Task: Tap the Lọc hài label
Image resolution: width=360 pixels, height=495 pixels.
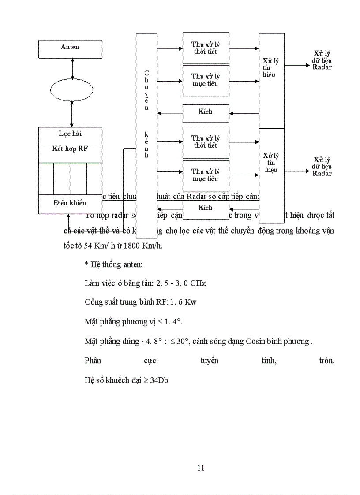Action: (x=70, y=134)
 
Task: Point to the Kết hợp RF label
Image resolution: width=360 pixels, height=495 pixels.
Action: (x=70, y=148)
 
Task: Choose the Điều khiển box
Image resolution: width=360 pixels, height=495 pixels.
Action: (x=70, y=203)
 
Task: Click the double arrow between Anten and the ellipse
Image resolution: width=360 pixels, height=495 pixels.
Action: (x=71, y=68)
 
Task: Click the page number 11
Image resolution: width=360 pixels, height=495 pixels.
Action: (x=201, y=468)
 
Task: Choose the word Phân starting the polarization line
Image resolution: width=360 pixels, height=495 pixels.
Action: (x=93, y=361)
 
